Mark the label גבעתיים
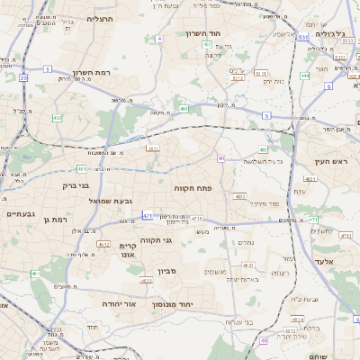[20, 214]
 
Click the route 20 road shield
[22, 79]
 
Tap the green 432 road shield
[58, 117]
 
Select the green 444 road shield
[305, 76]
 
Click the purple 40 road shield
[220, 158]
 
